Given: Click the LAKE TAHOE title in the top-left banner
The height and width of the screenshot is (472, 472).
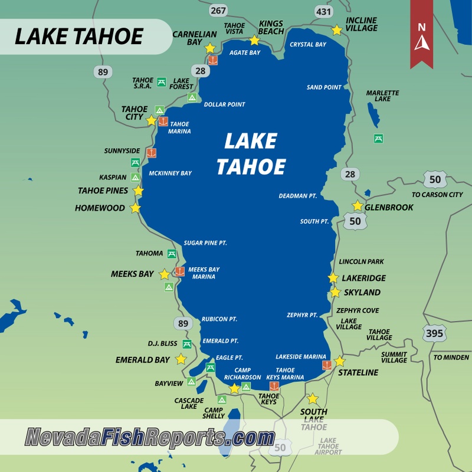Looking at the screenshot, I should [x=78, y=37].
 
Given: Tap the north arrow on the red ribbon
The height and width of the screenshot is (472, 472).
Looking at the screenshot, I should [x=421, y=38].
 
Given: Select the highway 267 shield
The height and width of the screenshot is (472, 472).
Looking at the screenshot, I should [x=218, y=10].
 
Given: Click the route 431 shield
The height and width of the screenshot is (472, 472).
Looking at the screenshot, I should [x=323, y=10].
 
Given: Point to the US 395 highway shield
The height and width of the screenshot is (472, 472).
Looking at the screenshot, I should [x=434, y=334].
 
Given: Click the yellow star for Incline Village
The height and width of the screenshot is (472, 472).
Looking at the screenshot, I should [x=336, y=30].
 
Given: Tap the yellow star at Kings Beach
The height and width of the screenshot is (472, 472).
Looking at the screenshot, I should [x=254, y=40].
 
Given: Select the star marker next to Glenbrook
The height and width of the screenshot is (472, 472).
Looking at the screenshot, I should [x=357, y=206].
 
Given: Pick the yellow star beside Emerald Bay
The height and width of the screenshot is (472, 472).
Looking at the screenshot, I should [x=181, y=359].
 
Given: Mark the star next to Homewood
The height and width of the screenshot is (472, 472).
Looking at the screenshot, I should [x=136, y=208].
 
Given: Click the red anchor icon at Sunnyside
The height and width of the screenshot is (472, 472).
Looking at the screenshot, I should [x=152, y=153].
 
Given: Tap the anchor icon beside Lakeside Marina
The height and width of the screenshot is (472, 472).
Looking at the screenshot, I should [x=326, y=365].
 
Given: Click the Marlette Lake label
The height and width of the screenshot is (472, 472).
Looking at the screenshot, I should [x=382, y=96].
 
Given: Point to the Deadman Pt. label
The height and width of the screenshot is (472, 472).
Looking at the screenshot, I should [x=297, y=196].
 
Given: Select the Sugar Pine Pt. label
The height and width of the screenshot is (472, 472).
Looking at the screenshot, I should [x=205, y=243].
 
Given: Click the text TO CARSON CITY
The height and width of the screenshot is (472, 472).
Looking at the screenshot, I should [x=437, y=195].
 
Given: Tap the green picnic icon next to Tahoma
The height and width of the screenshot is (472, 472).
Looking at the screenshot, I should [x=171, y=254].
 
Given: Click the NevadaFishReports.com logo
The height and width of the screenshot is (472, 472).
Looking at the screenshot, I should [x=150, y=438].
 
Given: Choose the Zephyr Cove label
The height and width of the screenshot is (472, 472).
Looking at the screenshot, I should [x=358, y=310].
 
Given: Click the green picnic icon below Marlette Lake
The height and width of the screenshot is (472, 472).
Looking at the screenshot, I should [x=378, y=138].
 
